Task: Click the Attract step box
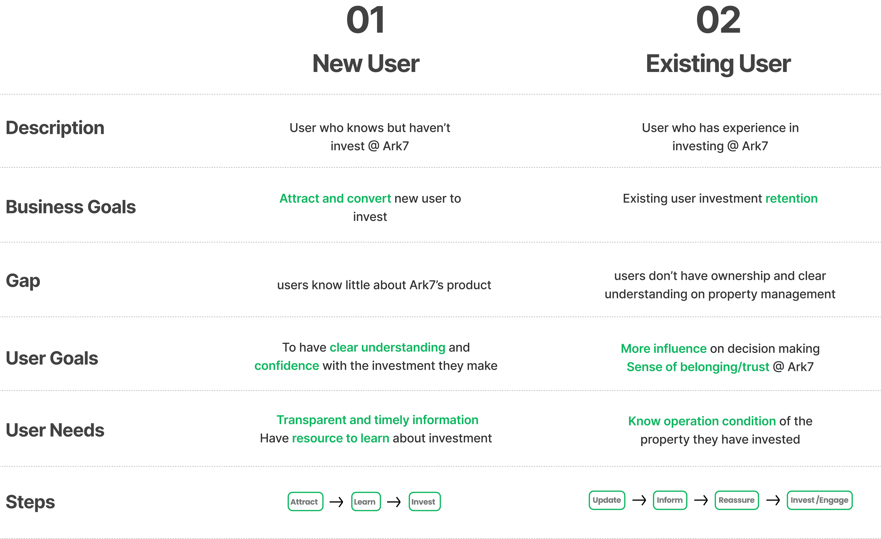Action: pyautogui.click(x=305, y=502)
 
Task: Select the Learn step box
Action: pyautogui.click(x=366, y=502)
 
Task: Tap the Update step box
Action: pyautogui.click(x=607, y=500)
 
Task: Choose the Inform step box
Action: pyautogui.click(x=670, y=500)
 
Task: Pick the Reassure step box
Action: pyautogui.click(x=737, y=500)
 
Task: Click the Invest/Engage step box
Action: pyautogui.click(x=819, y=500)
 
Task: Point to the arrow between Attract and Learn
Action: pyautogui.click(x=336, y=502)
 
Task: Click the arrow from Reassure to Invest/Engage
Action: pyautogui.click(x=773, y=500)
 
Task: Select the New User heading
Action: pyautogui.click(x=365, y=64)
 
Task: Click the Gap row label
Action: pyautogui.click(x=23, y=281)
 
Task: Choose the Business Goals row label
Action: pyautogui.click(x=71, y=207)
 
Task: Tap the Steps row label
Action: pyautogui.click(x=30, y=502)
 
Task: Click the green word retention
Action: pyautogui.click(x=792, y=198)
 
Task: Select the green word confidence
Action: pyautogui.click(x=287, y=365)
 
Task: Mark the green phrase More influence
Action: pyautogui.click(x=664, y=348)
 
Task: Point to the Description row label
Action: pyautogui.click(x=55, y=128)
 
